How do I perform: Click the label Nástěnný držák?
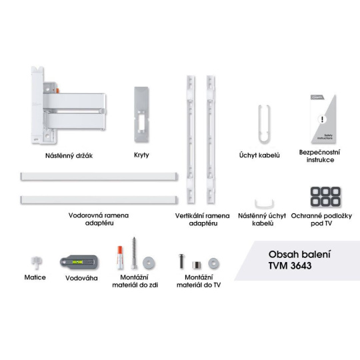pos(69,155)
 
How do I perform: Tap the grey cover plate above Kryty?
pos(141,115)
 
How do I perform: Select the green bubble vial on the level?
pos(77,262)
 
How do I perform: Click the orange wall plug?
pos(120,257)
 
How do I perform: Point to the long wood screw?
pos(134,253)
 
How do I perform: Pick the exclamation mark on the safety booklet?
pos(323,119)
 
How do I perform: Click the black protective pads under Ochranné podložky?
pos(325,197)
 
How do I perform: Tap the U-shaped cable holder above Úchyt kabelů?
pos(264,124)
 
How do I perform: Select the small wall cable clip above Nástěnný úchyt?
pos(264,204)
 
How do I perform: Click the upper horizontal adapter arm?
pos(99,177)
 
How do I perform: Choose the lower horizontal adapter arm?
pos(99,200)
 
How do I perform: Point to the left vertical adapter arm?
pos(191,139)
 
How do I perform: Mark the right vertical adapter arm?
pos(211,139)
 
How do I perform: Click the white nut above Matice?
pos(36,263)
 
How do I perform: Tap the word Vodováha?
pos(81,278)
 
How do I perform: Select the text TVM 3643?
pos(290,265)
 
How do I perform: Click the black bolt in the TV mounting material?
pos(181,261)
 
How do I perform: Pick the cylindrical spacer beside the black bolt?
pos(196,265)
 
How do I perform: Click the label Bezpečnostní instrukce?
pos(320,156)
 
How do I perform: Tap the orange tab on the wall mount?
pos(57,91)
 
